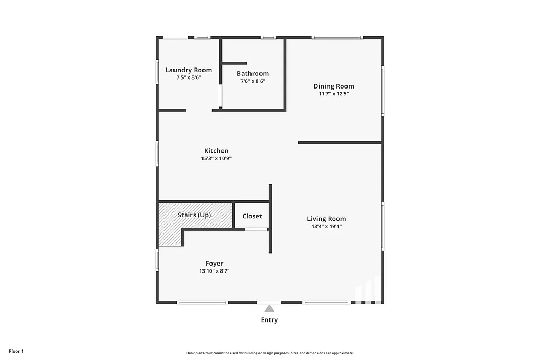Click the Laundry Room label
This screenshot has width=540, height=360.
click(x=189, y=70)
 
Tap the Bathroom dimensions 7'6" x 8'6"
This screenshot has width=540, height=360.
click(x=253, y=81)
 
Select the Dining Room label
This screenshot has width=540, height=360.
click(x=334, y=86)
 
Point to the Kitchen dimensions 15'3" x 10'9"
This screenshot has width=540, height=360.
click(x=216, y=158)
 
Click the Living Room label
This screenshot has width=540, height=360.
click(x=326, y=219)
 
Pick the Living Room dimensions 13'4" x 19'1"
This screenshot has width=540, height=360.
click(x=326, y=227)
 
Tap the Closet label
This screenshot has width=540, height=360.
click(x=252, y=216)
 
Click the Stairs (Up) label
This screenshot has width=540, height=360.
click(x=194, y=215)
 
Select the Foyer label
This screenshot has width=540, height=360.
click(x=214, y=264)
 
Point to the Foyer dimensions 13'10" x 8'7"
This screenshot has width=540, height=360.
click(x=214, y=271)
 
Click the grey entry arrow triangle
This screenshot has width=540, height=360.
click(x=269, y=309)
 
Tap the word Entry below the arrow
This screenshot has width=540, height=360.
click(x=269, y=320)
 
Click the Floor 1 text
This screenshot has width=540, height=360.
click(x=16, y=351)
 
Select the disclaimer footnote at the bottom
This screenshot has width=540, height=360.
click(x=269, y=353)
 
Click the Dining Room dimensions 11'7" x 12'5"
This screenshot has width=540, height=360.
click(x=334, y=94)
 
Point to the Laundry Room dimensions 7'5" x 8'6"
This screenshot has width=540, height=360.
click(x=189, y=77)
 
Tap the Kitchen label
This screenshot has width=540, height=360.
click(x=216, y=151)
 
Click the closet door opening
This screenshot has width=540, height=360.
click(x=256, y=229)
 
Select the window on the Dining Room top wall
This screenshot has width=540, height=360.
click(x=336, y=37)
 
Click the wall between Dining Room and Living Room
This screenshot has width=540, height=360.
click(x=340, y=142)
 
